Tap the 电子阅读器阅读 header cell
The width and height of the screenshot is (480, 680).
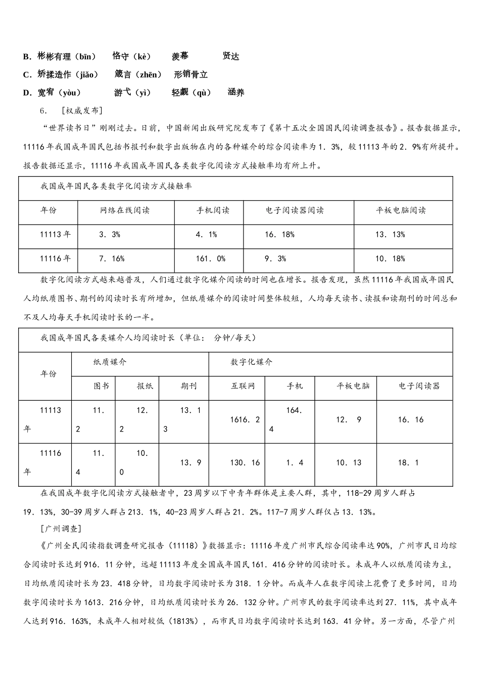[295, 210]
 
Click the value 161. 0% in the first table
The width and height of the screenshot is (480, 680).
[211, 259]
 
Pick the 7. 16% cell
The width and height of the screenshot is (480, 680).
[112, 259]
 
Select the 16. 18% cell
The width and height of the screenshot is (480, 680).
[279, 235]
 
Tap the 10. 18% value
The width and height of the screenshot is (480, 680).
[390, 259]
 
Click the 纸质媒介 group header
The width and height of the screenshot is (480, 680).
[110, 362]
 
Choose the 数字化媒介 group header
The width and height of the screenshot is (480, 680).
[252, 362]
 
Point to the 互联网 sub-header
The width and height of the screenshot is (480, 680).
[243, 386]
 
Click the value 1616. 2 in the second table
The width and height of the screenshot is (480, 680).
[245, 420]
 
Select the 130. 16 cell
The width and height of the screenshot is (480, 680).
[245, 463]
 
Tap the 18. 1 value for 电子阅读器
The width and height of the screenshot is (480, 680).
[408, 463]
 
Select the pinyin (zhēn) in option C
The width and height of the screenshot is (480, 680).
[149, 75]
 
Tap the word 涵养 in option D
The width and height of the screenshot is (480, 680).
[236, 93]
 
